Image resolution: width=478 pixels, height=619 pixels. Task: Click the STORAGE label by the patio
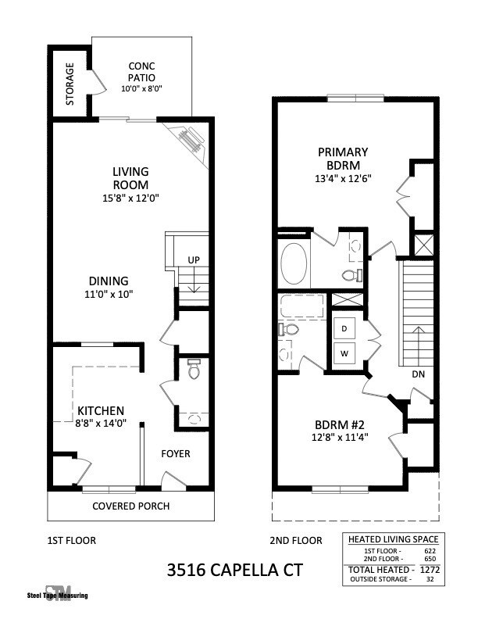click(x=70, y=84)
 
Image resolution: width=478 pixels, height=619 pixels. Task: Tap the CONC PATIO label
click(x=142, y=73)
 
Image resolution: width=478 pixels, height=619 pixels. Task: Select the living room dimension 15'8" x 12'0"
click(x=130, y=198)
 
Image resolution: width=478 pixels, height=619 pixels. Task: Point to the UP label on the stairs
click(x=193, y=260)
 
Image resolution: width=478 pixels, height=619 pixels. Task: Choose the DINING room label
click(x=109, y=281)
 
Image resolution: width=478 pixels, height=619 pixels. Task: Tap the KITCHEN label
click(x=100, y=410)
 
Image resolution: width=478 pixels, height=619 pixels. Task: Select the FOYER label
click(x=176, y=453)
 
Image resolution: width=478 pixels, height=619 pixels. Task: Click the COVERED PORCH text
click(x=130, y=506)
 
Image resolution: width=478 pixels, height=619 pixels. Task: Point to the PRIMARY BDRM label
click(x=343, y=158)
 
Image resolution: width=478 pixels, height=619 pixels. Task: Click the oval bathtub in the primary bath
click(x=294, y=265)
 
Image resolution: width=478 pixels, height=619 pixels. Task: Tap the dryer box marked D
click(x=344, y=329)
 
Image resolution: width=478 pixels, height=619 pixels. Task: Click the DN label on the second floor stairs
click(x=418, y=374)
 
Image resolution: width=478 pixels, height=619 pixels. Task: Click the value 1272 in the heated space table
click(x=426, y=570)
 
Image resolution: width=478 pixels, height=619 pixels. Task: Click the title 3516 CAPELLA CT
click(x=234, y=571)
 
